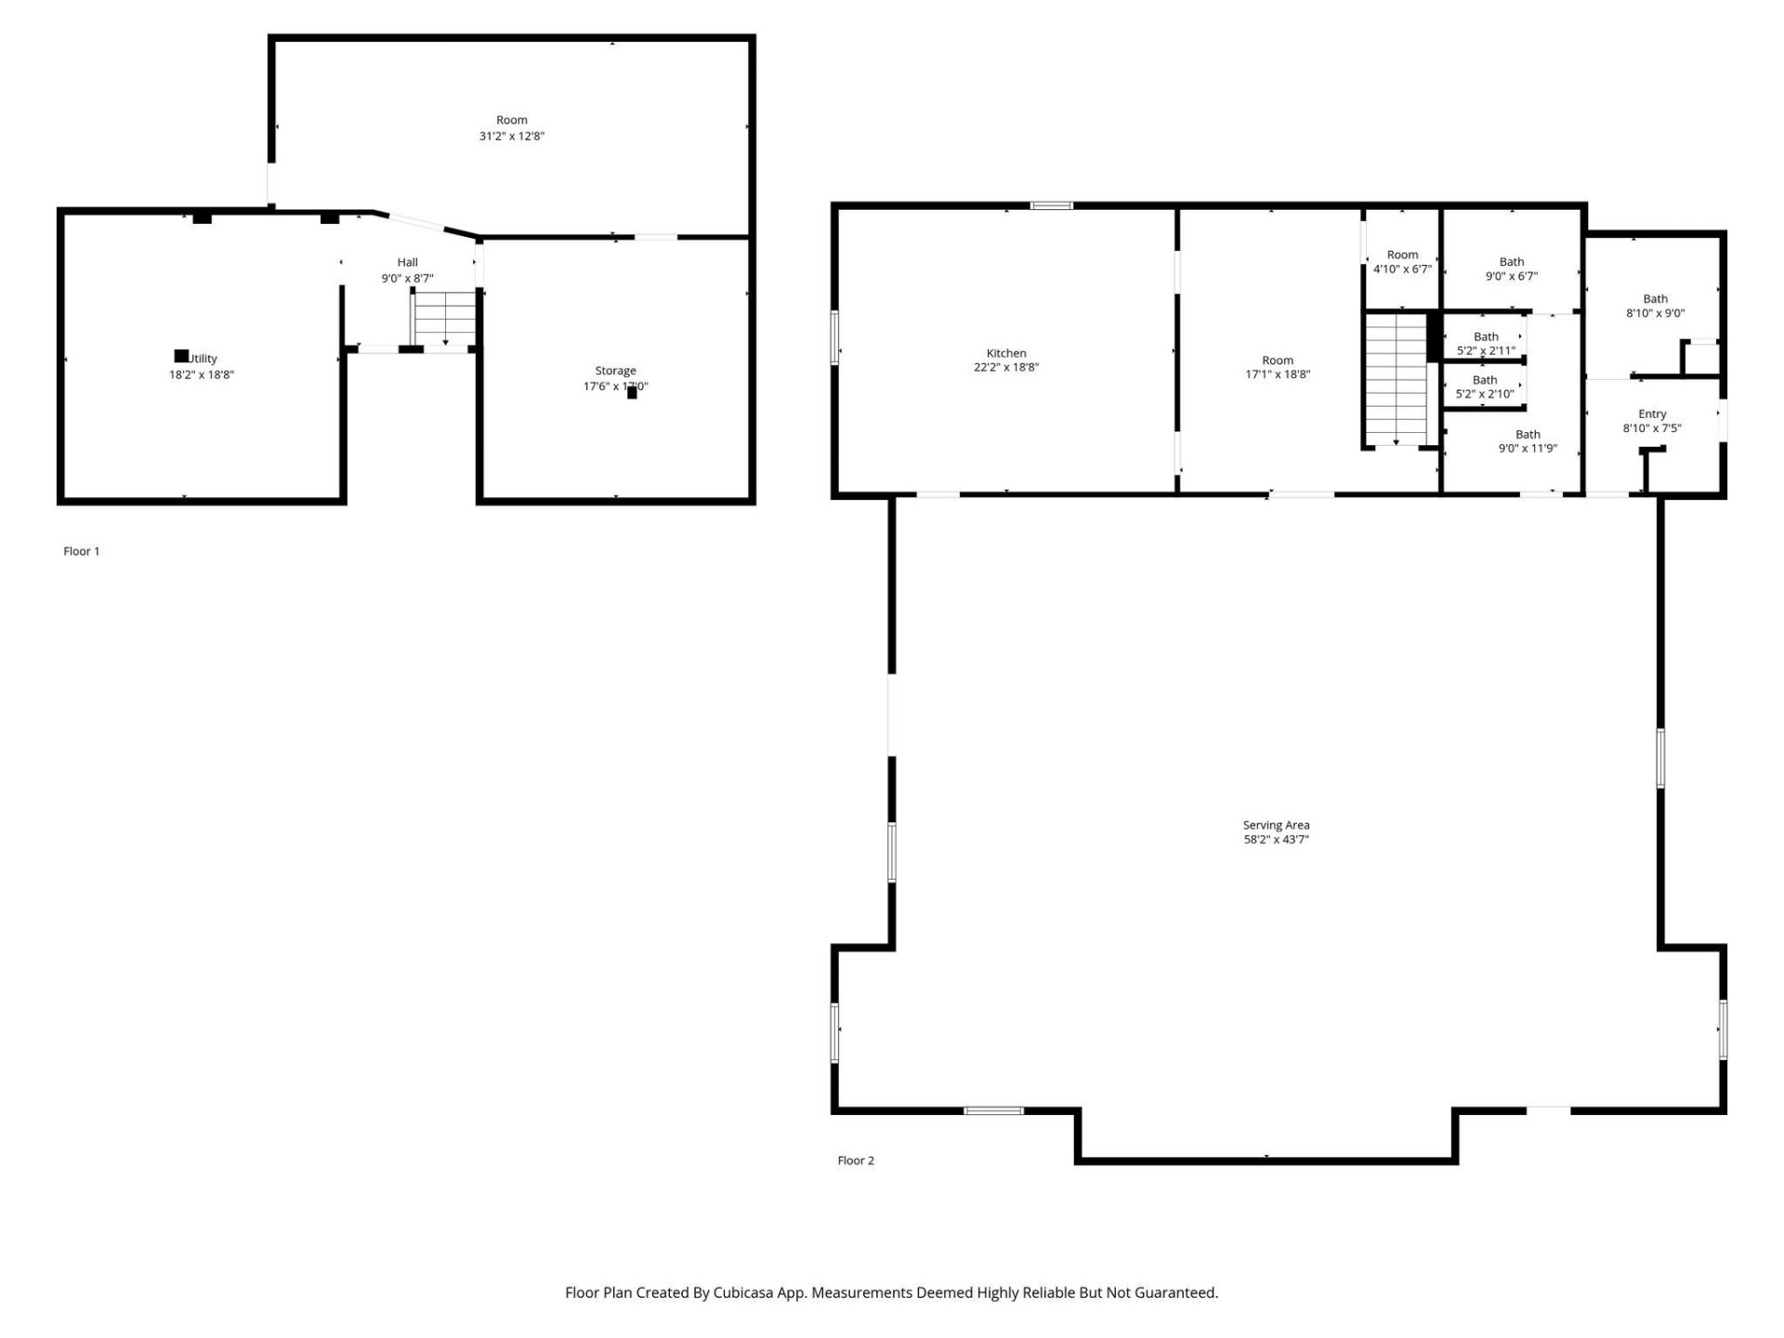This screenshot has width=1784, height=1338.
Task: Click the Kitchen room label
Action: (x=1005, y=353)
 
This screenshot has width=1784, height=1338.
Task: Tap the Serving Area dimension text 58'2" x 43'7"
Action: (x=1276, y=840)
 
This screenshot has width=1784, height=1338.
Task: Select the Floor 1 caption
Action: (x=82, y=551)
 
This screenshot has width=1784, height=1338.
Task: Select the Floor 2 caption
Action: (x=856, y=1161)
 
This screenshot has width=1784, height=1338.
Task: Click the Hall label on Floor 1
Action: (x=407, y=263)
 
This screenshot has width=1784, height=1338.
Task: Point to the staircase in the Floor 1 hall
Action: (x=445, y=318)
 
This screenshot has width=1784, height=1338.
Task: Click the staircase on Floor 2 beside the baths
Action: (x=1396, y=380)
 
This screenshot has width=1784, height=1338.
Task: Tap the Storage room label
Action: (x=615, y=371)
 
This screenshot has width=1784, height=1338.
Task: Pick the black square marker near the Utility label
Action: (x=181, y=356)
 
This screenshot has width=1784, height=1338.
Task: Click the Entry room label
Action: (x=1652, y=414)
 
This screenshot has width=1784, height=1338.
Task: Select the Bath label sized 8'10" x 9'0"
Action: (x=1655, y=299)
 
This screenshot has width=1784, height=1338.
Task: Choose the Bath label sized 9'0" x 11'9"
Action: (x=1528, y=435)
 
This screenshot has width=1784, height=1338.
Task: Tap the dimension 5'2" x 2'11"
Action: (x=1486, y=351)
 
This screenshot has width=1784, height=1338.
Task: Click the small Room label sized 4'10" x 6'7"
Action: (x=1402, y=255)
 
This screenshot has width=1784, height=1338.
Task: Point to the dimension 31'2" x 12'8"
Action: (x=511, y=137)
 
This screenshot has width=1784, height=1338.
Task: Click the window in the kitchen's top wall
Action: (x=1051, y=205)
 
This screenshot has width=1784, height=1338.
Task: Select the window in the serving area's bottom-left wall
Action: (x=993, y=1111)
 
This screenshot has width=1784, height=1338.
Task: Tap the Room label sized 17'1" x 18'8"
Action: (x=1277, y=361)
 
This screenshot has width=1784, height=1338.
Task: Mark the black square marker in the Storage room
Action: (x=632, y=393)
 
